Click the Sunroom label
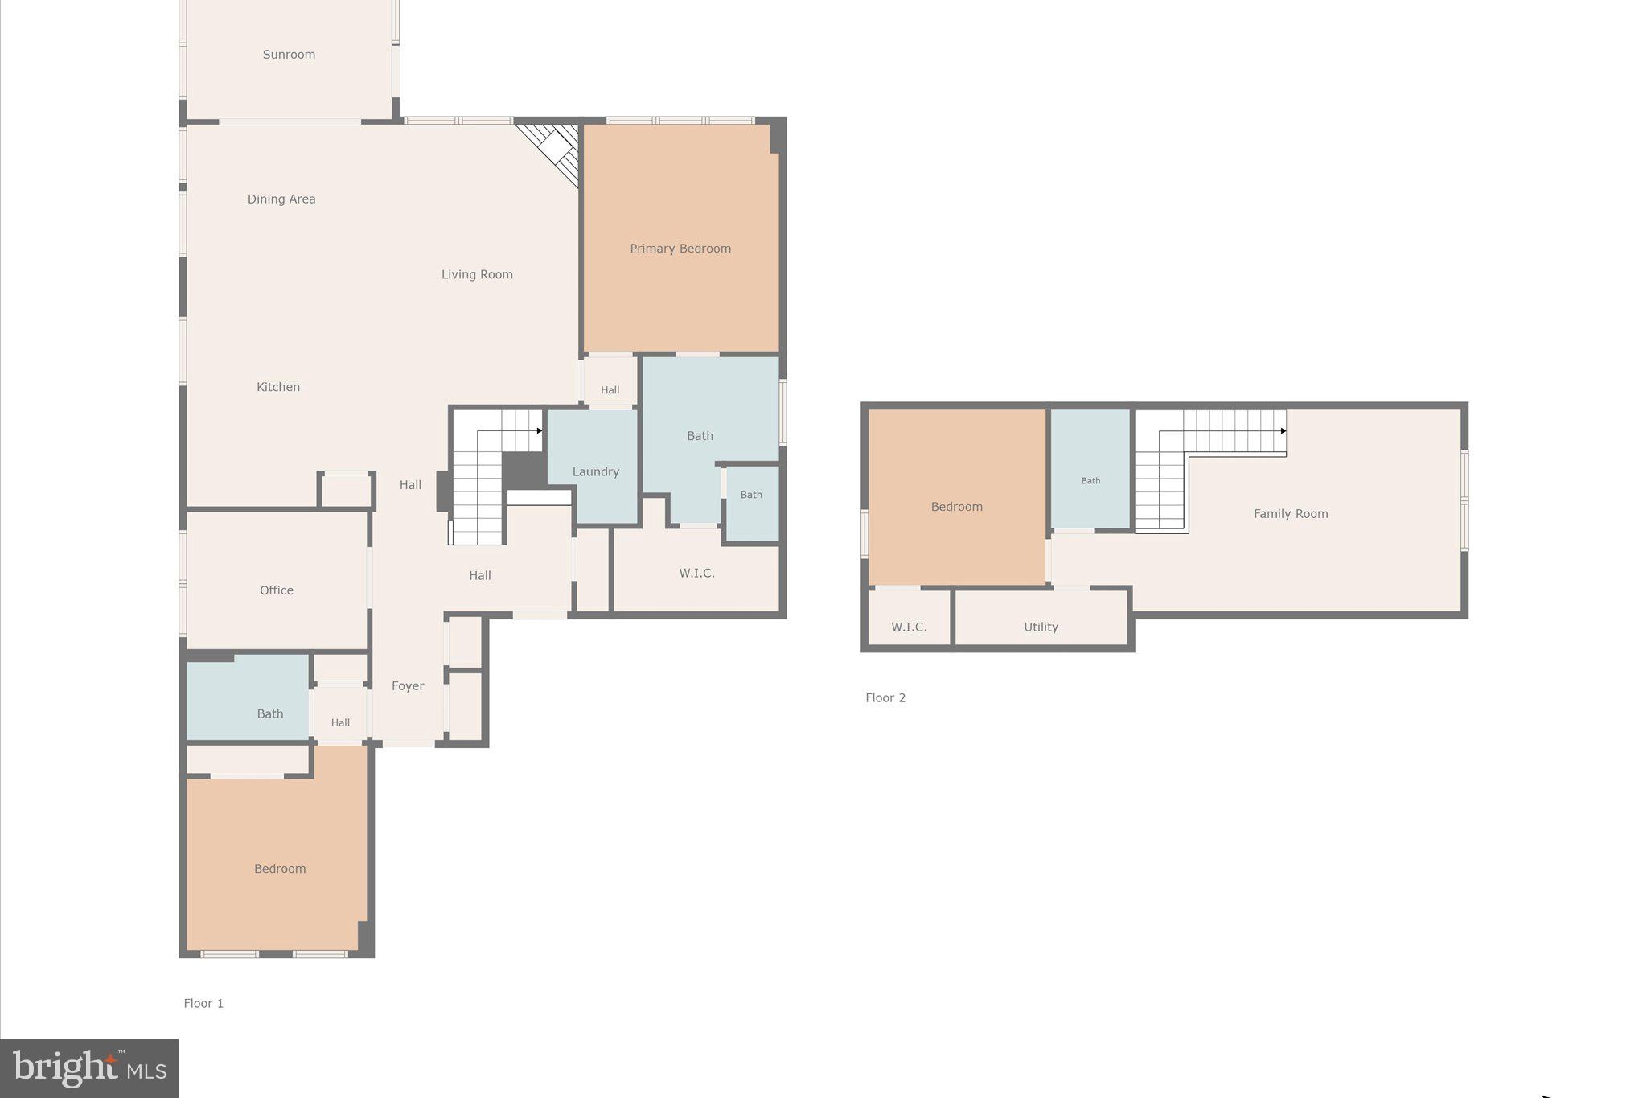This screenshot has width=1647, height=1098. coord(289,55)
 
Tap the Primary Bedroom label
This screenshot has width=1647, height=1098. coord(680,249)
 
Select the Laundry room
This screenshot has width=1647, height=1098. coord(595,471)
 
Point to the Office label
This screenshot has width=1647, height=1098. coord(277,590)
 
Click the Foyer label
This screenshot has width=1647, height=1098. coord(408,686)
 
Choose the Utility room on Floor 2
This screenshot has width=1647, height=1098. coord(1041,627)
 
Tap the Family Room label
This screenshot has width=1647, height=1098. coord(1291,514)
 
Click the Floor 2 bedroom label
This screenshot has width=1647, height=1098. coord(957,507)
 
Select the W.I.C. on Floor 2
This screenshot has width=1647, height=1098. coord(909,627)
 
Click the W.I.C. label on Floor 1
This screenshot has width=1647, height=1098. coord(696,573)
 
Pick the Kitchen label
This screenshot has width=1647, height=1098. coord(278,387)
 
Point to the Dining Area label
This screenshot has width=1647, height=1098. coord(281,199)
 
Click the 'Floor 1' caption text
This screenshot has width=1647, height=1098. coord(203,1003)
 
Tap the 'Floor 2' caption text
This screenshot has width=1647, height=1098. coord(885,697)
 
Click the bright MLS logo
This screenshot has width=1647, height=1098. coord(89,1068)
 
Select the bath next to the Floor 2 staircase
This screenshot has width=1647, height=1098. coord(1090,480)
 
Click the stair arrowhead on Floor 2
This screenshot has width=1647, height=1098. coord(1284,431)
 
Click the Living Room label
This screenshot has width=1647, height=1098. coord(477,274)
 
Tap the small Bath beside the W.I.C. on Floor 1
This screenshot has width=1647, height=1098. coord(751,495)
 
